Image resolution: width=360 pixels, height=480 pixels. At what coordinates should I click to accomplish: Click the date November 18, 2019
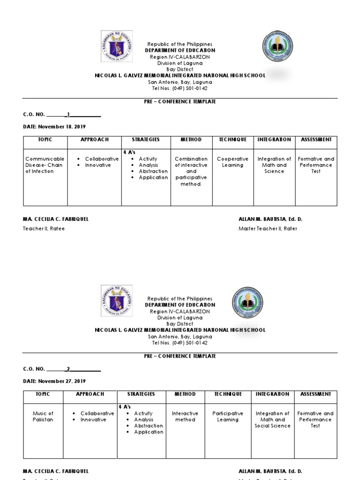pyautogui.click(x=54, y=127)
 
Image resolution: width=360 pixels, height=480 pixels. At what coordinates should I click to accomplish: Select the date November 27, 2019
pyautogui.click(x=54, y=381)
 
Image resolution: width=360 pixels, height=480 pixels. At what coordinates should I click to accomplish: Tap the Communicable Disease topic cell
pyautogui.click(x=45, y=165)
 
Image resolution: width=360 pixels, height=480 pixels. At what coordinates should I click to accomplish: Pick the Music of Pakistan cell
pyautogui.click(x=43, y=417)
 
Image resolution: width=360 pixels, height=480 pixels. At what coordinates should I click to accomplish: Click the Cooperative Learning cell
pyautogui.click(x=232, y=162)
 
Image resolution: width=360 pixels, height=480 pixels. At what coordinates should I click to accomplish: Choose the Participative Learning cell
pyautogui.click(x=228, y=417)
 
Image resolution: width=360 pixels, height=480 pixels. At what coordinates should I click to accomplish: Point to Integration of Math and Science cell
pyautogui.click(x=274, y=165)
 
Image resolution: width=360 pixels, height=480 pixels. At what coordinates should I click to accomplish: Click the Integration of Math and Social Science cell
pyautogui.click(x=272, y=420)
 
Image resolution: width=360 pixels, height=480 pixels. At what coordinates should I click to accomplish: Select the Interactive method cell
pyautogui.click(x=185, y=417)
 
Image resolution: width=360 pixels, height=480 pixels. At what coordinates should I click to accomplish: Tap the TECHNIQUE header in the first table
pyautogui.click(x=232, y=140)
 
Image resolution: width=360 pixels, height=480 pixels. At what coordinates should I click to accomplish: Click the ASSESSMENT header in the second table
pyautogui.click(x=315, y=394)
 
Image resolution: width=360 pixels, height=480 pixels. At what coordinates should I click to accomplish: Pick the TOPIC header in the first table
pyautogui.click(x=45, y=140)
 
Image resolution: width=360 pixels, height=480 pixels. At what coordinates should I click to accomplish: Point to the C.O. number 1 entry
pyautogui.click(x=69, y=114)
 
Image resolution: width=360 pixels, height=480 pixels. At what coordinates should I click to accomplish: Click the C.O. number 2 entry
pyautogui.click(x=68, y=369)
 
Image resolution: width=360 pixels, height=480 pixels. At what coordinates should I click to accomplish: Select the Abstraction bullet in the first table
pyautogui.click(x=153, y=171)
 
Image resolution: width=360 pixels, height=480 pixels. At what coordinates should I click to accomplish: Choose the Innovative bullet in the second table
pyautogui.click(x=93, y=420)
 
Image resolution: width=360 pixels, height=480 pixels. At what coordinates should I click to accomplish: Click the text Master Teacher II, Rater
pyautogui.click(x=268, y=228)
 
